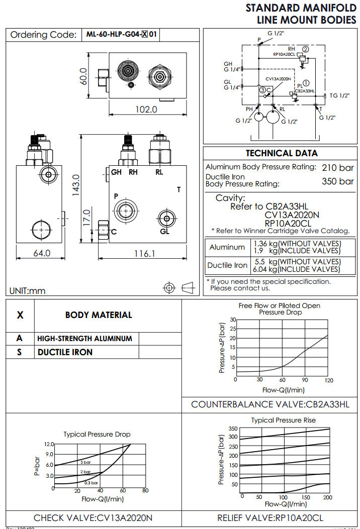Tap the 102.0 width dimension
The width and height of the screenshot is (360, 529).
(147, 109)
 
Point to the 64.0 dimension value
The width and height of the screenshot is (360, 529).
(42, 253)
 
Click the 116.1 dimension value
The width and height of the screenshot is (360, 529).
(144, 254)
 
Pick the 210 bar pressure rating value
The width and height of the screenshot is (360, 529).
(337, 167)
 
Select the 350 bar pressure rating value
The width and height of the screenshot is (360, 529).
(337, 181)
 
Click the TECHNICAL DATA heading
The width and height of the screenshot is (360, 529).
(282, 153)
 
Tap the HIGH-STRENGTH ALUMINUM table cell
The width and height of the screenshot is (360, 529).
(85, 339)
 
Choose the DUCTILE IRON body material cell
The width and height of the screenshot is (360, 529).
(65, 352)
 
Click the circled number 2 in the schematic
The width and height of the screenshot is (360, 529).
(306, 49)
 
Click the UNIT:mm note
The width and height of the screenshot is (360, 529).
(27, 290)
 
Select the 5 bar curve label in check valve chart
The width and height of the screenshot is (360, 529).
(85, 462)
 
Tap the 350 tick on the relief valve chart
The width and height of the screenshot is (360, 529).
(232, 429)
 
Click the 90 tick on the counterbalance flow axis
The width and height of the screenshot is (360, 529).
(305, 380)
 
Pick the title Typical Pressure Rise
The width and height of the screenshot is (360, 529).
(284, 420)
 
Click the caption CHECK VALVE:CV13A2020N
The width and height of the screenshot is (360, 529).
(93, 517)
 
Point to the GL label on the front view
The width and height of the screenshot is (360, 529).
(165, 231)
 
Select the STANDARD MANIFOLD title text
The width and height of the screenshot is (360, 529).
(301, 8)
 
